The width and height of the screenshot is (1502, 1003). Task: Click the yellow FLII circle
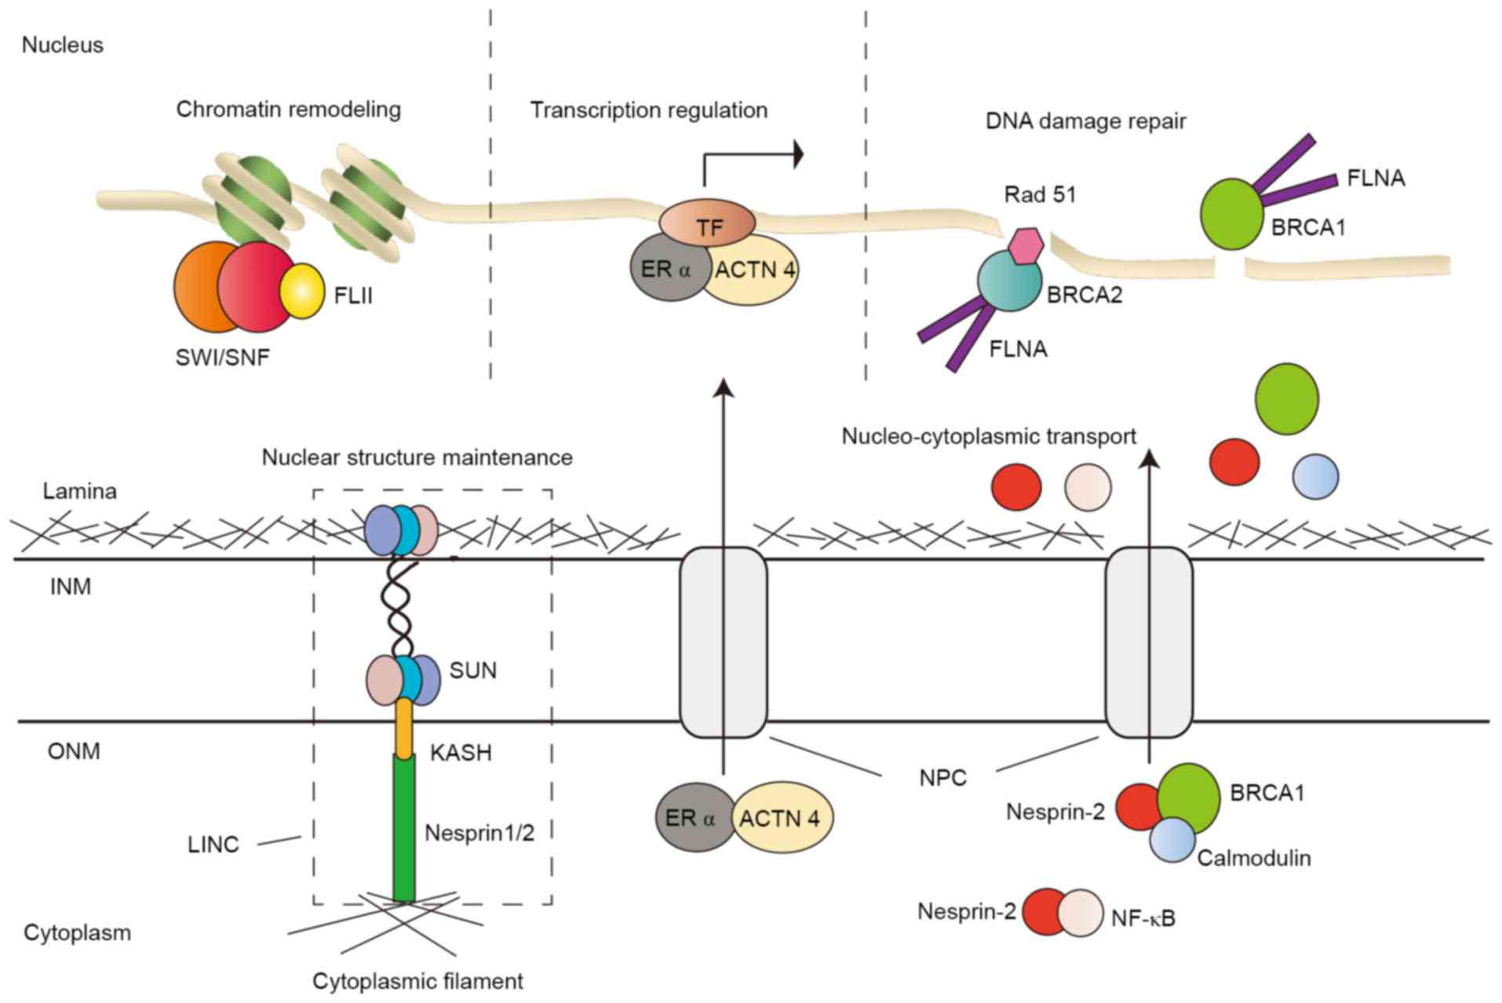[302, 291]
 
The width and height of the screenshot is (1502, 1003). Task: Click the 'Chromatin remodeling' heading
[288, 109]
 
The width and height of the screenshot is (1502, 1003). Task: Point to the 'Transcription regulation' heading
[648, 110]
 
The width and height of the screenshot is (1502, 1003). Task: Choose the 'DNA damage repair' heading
[1085, 121]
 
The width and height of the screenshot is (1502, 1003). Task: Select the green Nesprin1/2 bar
[403, 827]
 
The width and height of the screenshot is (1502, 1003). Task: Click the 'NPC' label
[942, 779]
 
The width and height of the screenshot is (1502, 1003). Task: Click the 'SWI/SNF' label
[223, 358]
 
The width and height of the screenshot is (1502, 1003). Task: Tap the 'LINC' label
[213, 845]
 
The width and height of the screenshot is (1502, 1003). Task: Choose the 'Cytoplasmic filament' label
[417, 981]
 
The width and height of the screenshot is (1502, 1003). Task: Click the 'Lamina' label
[79, 492]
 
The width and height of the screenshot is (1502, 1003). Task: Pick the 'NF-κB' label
[1143, 918]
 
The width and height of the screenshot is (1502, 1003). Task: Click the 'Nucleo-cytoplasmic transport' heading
[988, 436]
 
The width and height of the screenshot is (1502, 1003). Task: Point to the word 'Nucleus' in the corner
[63, 45]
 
